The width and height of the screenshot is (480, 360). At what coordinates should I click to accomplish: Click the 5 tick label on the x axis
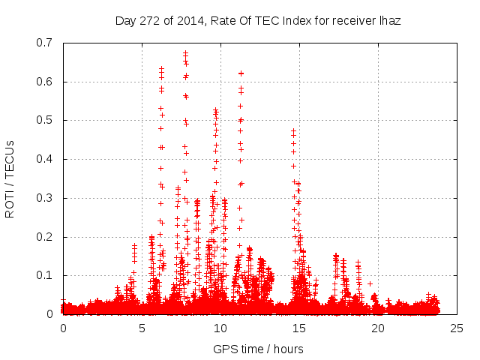142,328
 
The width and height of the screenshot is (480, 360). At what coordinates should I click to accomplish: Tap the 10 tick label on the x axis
220,328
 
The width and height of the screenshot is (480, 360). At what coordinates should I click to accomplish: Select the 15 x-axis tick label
299,328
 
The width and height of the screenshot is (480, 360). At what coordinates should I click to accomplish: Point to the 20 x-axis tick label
378,328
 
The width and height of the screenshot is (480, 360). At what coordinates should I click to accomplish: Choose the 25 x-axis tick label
457,328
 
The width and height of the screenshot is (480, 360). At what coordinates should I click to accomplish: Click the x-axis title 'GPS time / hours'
258,349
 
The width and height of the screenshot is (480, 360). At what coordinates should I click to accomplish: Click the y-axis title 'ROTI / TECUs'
10,178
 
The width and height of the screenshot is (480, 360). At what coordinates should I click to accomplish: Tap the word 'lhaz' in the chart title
390,21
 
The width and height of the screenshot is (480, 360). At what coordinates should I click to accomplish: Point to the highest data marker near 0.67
185,53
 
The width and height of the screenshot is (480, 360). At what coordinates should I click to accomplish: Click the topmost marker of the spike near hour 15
294,130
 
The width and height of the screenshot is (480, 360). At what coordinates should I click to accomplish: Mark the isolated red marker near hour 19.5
370,284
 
